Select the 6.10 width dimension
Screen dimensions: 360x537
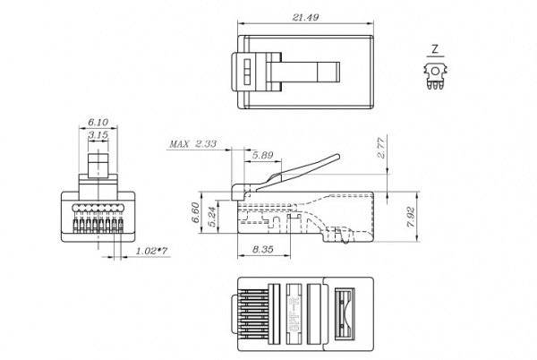pos(98,124)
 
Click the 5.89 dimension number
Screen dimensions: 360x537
pos(262,156)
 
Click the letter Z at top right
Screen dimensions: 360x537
pos(434,49)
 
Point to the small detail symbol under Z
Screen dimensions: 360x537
pos(435,74)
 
